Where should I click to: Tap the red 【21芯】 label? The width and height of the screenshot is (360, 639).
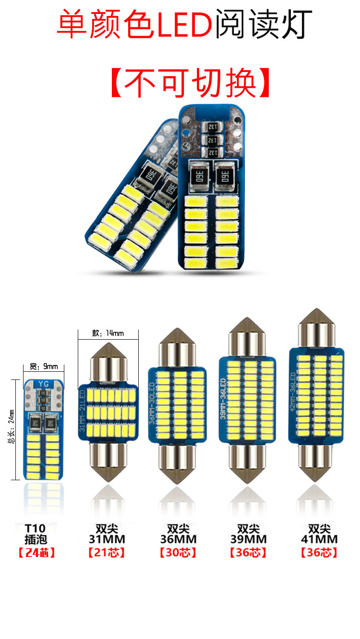pyautogui.click(x=107, y=553)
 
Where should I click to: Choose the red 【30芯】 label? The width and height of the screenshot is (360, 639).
pyautogui.click(x=178, y=553)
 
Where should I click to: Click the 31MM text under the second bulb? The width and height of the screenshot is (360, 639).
pyautogui.click(x=107, y=539)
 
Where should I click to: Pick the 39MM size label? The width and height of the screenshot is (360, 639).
pyautogui.click(x=248, y=539)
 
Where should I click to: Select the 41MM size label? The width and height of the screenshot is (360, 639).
pyautogui.click(x=319, y=539)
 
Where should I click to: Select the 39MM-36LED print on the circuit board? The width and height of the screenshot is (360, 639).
pyautogui.click(x=223, y=399)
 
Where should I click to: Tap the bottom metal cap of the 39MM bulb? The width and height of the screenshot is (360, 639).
pyautogui.click(x=248, y=467)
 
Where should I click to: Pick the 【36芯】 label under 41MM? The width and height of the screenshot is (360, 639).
pyautogui.click(x=319, y=553)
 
